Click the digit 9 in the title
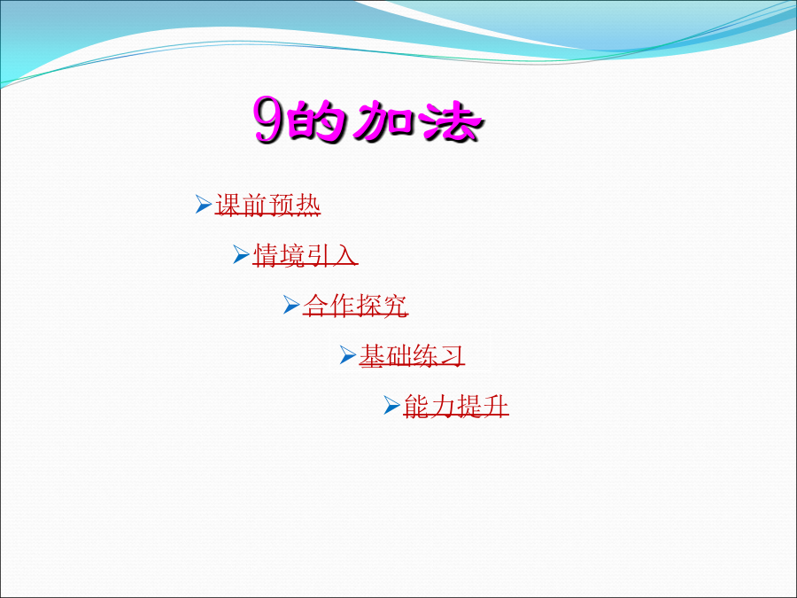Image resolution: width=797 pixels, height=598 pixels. pos(269,120)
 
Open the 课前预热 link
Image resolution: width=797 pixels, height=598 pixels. pos(267,205)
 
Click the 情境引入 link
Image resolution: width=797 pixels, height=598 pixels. pos(306,255)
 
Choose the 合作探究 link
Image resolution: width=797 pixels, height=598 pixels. pos(356,305)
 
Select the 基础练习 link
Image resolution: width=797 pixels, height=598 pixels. pos(412,355)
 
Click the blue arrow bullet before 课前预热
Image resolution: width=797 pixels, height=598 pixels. pos(204,204)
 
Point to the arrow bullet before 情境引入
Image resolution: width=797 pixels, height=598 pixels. pos(241,254)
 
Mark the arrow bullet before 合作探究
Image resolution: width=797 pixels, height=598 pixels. pos(291,305)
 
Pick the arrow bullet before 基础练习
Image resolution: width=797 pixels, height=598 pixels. pos(348,354)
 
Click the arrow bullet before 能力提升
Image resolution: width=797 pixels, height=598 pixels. pos(392,405)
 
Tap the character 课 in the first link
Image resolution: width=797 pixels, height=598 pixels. pos(228,205)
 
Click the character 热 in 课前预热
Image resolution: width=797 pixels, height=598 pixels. pos(307,205)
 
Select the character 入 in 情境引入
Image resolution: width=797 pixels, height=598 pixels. pos(344,255)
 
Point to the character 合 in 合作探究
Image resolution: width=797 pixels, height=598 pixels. pos(316,305)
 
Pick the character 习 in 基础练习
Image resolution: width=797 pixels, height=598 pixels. pos(452,355)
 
